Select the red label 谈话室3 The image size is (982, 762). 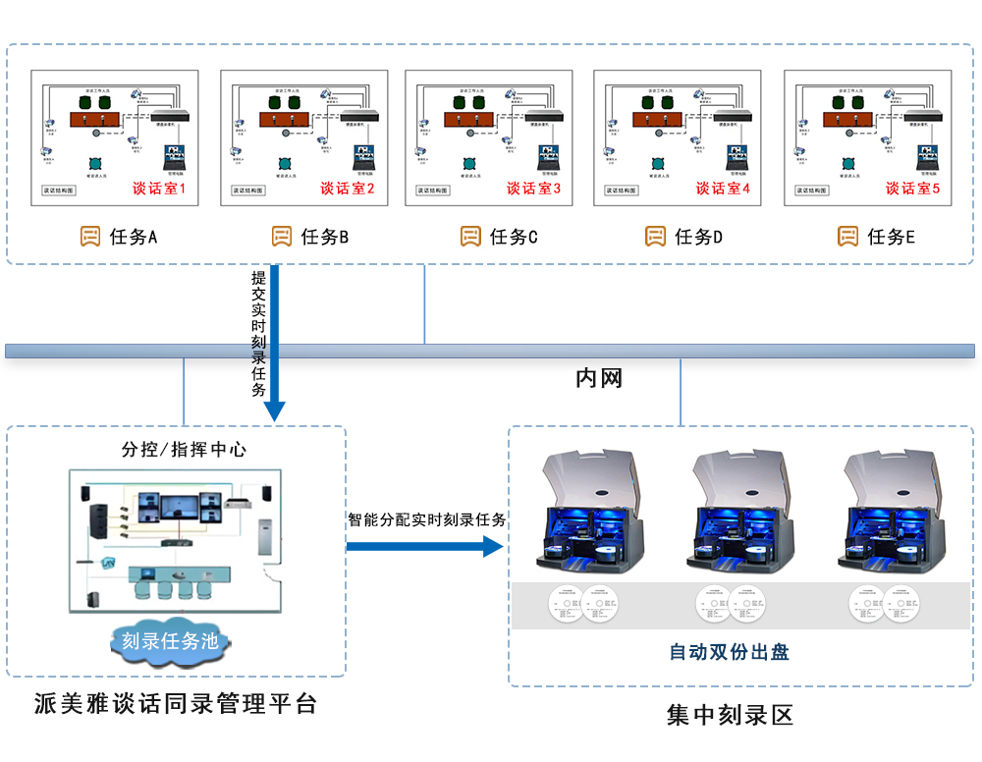(533, 189)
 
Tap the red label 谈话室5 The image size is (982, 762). (912, 189)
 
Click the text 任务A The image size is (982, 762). (134, 237)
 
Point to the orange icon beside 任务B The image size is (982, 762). (282, 237)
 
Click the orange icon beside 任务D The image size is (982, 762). (655, 237)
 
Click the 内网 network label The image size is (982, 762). (599, 378)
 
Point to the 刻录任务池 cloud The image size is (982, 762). (169, 641)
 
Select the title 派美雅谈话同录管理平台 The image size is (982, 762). (176, 703)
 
